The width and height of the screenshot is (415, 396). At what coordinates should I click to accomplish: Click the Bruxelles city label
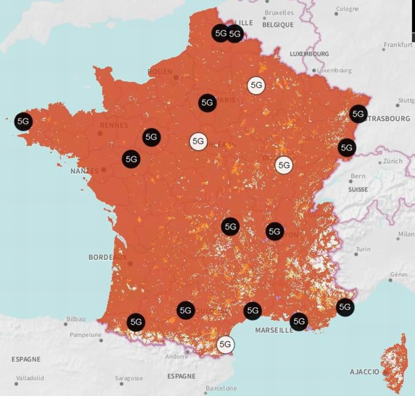pos(279,12)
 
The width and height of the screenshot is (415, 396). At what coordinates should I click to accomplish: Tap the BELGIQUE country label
pos(278,25)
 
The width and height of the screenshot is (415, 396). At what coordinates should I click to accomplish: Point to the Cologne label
pos(346,9)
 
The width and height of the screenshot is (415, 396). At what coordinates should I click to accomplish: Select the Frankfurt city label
pos(398,45)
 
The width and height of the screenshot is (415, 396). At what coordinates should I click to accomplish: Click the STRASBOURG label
pos(389,118)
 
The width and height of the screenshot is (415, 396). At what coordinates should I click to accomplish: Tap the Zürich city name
pos(392,161)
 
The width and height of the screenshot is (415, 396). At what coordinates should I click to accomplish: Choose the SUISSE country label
pos(358,189)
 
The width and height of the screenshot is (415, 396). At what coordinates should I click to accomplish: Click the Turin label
pos(363,249)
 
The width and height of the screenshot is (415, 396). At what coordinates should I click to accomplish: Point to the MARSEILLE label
pos(274,330)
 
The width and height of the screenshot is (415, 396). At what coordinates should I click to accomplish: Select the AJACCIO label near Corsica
pos(364,372)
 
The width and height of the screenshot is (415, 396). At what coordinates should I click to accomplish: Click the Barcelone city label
pos(221,389)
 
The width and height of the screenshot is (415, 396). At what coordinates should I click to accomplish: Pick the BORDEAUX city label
pos(107,257)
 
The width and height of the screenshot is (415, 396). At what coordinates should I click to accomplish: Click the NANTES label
pos(85,171)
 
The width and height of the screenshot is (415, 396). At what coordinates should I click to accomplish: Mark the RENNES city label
pos(114,125)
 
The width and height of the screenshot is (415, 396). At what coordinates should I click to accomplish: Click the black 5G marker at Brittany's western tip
pos(23,121)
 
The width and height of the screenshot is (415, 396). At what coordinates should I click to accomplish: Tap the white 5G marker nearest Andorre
pos(225,344)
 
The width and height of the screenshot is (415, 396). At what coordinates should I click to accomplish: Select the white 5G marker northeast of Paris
pos(256,85)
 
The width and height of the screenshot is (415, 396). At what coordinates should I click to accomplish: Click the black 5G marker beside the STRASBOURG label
pos(358,114)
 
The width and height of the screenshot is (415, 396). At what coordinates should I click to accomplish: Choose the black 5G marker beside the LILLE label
pos(235,34)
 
